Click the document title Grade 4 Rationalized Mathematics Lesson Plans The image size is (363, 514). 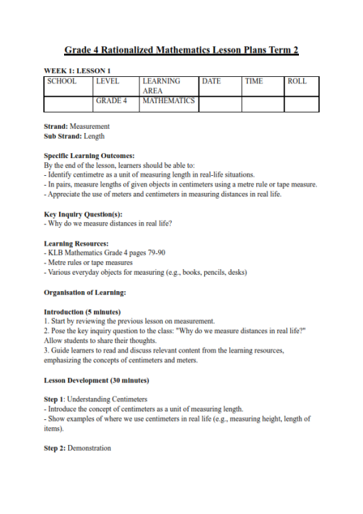click(x=181, y=51)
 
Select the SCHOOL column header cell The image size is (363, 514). click(x=62, y=81)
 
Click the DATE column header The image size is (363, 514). click(x=211, y=81)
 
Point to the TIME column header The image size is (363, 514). click(x=254, y=81)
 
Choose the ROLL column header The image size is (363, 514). click(x=297, y=81)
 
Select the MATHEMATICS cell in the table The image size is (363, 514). click(x=169, y=101)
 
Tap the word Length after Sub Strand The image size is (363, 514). click(x=94, y=135)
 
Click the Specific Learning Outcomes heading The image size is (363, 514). click(x=89, y=155)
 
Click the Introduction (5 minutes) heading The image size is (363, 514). click(x=82, y=312)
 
